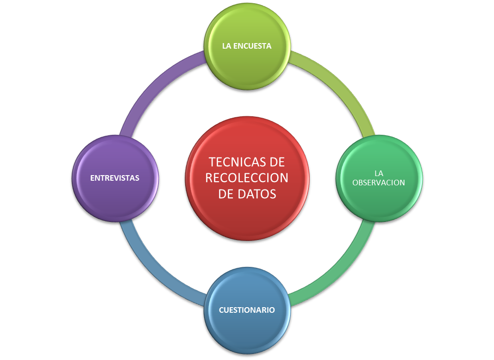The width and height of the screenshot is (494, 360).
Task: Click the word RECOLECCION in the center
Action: [247, 178]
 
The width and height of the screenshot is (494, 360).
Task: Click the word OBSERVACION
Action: [379, 183]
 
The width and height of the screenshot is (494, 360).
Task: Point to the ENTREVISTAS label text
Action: [115, 178]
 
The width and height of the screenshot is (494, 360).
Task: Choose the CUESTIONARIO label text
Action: [247, 310]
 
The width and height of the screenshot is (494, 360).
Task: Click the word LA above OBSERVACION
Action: [379, 173]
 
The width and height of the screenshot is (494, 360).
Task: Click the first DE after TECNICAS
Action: [275, 162]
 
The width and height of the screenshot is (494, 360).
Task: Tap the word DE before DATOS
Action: [225, 194]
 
